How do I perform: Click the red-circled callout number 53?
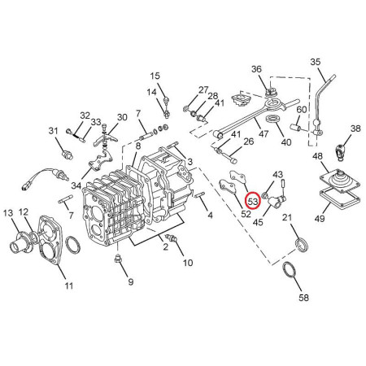click(252, 201)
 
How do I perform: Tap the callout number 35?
click(316, 62)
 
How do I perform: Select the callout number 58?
click(303, 298)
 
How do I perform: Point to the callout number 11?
click(68, 285)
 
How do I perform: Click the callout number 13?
click(8, 213)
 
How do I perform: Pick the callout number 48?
click(318, 156)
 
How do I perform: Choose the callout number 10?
click(188, 263)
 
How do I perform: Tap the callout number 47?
click(264, 133)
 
